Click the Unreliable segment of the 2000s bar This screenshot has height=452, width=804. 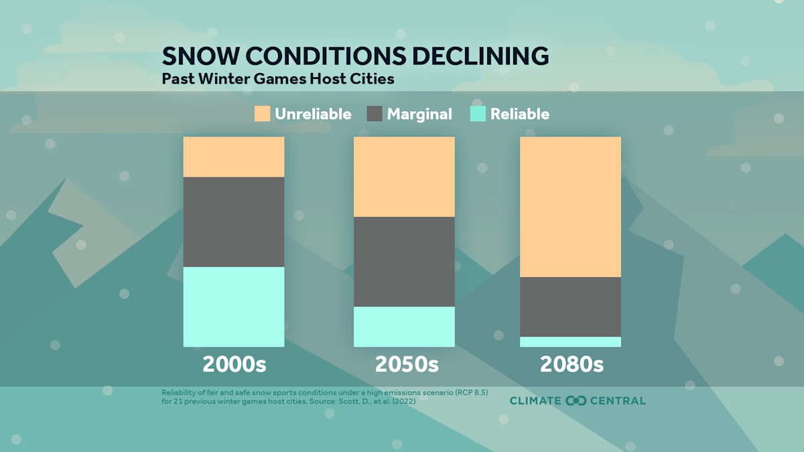234,157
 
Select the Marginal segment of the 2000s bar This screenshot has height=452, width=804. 234,222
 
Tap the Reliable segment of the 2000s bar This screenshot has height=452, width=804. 234,307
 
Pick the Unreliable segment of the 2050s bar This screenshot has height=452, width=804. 404,177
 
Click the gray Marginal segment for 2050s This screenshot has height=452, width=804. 404,262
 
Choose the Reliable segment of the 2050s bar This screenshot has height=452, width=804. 404,327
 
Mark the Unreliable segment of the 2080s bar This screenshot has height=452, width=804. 570,207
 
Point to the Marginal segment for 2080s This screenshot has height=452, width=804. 570,307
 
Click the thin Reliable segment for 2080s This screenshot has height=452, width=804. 570,342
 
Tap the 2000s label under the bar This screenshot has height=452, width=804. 234,365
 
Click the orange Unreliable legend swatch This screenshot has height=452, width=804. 262,114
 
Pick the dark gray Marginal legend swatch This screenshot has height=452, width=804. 375,114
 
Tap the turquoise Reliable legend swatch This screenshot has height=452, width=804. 478,114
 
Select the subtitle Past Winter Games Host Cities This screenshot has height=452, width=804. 278,78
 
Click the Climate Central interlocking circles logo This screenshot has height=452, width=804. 576,400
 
